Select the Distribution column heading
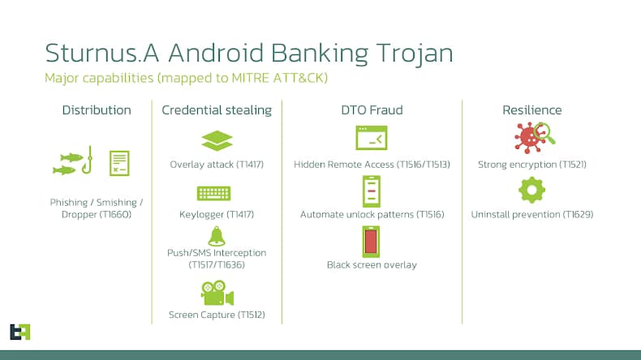tap(97, 110)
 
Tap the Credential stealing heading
tap(217, 110)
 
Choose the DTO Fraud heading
tap(372, 110)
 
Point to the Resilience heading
tap(531, 110)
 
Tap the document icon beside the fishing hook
tap(120, 163)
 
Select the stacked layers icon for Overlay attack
tap(217, 141)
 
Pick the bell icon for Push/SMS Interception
tap(217, 236)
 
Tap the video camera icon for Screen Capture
tap(217, 293)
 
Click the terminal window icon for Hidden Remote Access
tap(372, 140)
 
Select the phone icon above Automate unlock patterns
tap(372, 191)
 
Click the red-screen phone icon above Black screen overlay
tap(372, 242)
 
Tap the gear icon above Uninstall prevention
tap(531, 191)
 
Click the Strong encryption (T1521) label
tap(531, 165)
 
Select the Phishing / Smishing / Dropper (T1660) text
tap(97, 208)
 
